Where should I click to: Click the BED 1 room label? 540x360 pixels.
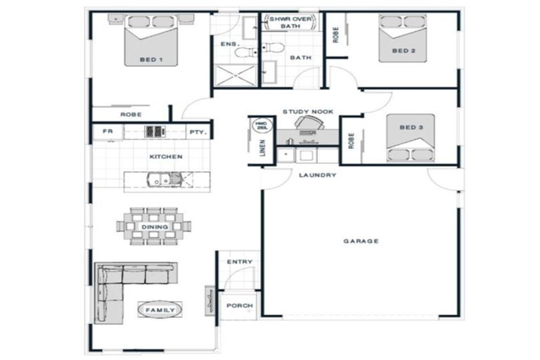[151, 60]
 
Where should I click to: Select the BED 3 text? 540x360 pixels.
[410, 128]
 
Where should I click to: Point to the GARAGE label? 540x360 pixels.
[361, 241]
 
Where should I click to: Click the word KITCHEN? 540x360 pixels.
[166, 156]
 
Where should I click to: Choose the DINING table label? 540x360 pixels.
[154, 227]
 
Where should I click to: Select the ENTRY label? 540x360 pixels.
[239, 262]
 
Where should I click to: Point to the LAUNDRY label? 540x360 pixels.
[317, 175]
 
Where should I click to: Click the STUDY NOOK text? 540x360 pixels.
[308, 111]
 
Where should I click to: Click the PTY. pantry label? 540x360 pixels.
[196, 131]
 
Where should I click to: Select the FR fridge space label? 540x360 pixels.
[108, 131]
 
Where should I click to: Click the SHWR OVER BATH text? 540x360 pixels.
[290, 22]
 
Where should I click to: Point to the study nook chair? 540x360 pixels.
[306, 124]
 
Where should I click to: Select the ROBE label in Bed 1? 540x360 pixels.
[131, 114]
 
